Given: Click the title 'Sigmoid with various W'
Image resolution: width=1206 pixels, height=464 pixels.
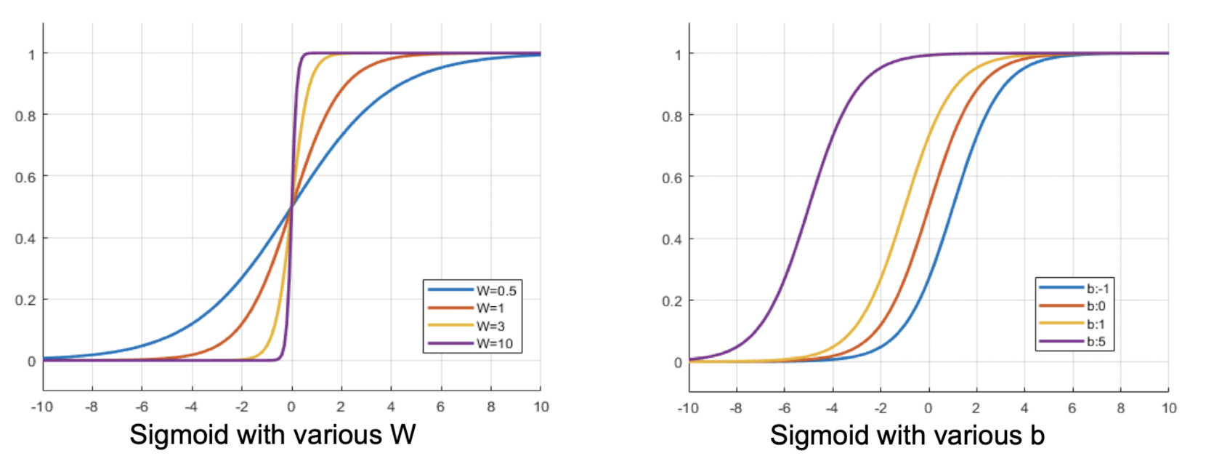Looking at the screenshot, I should [x=272, y=435].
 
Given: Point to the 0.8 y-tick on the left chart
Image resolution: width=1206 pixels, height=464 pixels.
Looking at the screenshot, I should [x=25, y=116].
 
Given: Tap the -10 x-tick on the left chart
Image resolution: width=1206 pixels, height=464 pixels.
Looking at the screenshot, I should [x=42, y=407].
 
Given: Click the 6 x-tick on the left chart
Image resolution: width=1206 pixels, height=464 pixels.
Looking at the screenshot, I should [x=440, y=407].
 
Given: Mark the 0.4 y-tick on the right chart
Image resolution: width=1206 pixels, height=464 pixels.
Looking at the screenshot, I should [x=672, y=239].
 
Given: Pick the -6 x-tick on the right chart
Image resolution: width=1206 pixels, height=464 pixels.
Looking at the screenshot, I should [x=784, y=409].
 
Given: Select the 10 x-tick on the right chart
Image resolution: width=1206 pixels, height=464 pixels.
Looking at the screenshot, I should [x=1169, y=409].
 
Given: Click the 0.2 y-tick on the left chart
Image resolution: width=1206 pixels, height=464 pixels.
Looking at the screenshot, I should [x=25, y=300].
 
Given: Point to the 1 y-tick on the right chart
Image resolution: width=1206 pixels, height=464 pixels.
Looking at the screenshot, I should [x=678, y=55].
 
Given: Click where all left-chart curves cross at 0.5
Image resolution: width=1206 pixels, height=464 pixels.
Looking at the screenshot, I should [x=291, y=207].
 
